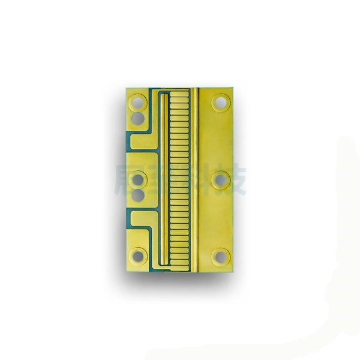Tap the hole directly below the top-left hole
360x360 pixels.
(x=139, y=118)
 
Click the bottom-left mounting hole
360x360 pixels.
(x=139, y=256)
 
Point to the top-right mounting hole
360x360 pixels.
(x=221, y=102)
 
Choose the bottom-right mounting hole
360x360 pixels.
(x=221, y=256)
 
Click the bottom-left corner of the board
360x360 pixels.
(x=124, y=271)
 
